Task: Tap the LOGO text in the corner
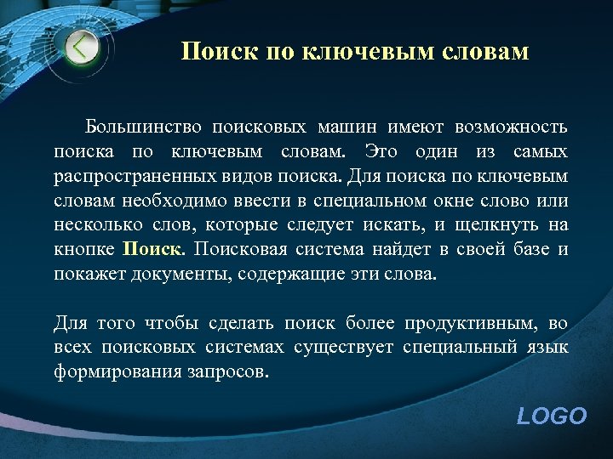[x=552, y=416]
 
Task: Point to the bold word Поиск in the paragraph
[x=153, y=250]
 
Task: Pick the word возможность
[x=511, y=127]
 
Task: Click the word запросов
[x=232, y=372]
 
